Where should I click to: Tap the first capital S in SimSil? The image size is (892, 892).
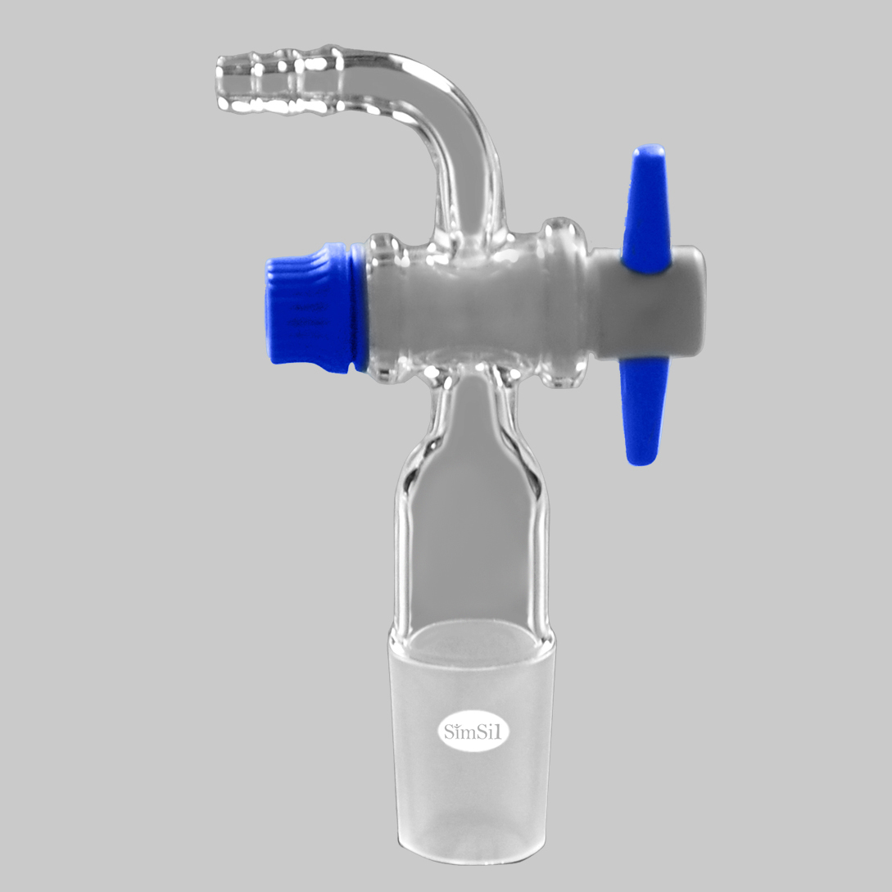tap(450, 731)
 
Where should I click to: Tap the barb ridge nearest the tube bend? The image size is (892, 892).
tap(324, 79)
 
